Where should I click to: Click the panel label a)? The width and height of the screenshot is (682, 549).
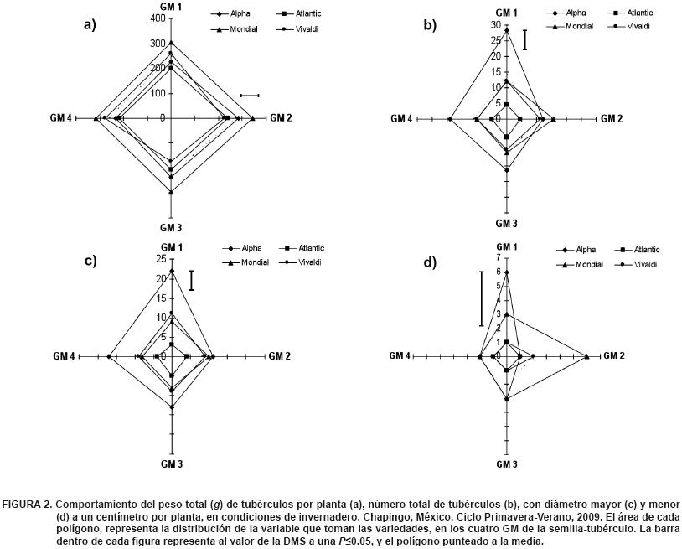[90, 24]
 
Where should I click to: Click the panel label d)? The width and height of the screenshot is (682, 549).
[430, 262]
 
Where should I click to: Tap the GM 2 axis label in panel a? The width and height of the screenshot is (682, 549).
[281, 118]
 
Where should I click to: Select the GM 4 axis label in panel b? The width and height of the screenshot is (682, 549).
[400, 119]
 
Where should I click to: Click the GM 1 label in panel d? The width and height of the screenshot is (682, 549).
[507, 246]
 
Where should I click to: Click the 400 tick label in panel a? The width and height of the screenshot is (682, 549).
[155, 18]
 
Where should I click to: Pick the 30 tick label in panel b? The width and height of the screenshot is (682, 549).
[495, 25]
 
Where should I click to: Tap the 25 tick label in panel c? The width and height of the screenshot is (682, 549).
[161, 258]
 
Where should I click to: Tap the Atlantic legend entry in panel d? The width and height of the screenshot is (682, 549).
[645, 250]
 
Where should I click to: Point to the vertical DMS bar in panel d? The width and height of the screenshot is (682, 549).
[481, 298]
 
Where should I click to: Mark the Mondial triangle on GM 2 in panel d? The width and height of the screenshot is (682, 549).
[586, 356]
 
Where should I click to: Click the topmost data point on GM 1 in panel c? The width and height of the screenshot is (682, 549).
[172, 271]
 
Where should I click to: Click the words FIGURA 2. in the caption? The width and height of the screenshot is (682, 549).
[27, 505]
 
